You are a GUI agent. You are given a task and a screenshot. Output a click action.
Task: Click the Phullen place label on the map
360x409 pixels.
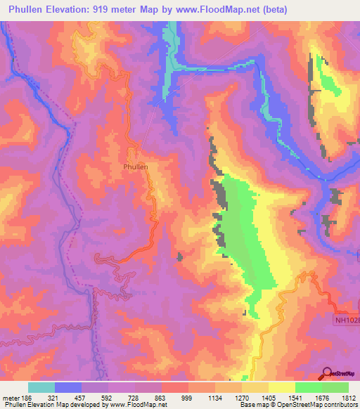(x=135, y=167)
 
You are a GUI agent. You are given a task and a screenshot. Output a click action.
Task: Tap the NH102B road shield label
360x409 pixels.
(x=345, y=320)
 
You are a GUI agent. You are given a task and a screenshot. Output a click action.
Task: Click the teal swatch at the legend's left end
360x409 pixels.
(x=41, y=387)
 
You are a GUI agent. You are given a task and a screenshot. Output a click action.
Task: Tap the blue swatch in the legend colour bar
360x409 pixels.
(x=68, y=387)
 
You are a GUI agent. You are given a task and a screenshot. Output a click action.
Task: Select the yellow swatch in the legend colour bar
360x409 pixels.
(x=282, y=387)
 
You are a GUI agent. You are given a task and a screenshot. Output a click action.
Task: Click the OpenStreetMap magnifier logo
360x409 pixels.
(x=327, y=374)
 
